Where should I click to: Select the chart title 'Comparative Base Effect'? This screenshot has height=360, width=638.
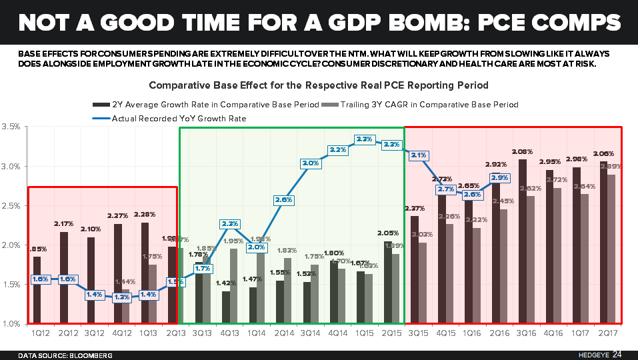pos(318,85)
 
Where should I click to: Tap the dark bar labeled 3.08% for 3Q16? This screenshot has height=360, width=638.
pos(523,241)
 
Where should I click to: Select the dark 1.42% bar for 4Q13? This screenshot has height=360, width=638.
pos(226,307)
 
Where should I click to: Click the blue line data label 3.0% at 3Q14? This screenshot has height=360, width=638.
pos(309,163)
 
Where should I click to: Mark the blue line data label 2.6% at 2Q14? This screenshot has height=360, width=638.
pos(283,199)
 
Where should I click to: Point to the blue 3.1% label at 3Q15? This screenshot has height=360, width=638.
pos(419,155)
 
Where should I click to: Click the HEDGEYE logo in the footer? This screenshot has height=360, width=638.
pos(589,355)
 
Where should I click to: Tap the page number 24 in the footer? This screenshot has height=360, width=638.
pos(618,355)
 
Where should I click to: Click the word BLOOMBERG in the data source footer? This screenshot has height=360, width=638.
pos(90,355)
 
